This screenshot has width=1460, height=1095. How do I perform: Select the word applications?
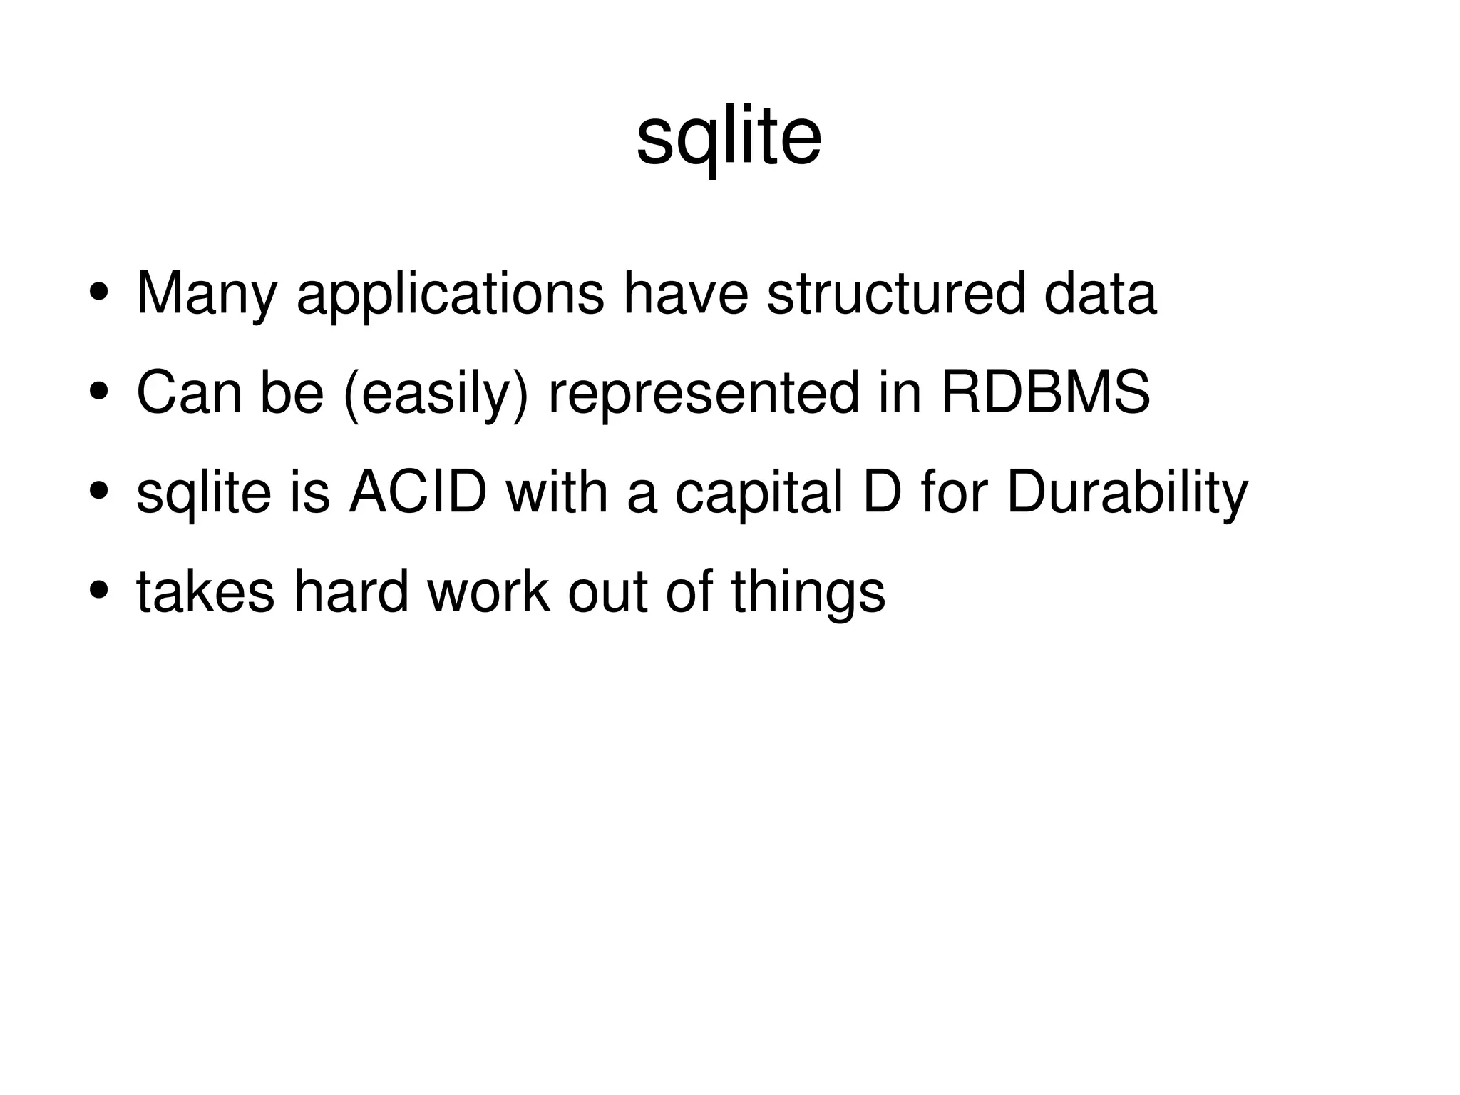(450, 294)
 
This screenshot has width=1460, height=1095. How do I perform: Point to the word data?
(1100, 294)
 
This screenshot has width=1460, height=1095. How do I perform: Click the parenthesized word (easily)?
(436, 393)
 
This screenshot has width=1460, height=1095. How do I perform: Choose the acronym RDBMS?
(1045, 393)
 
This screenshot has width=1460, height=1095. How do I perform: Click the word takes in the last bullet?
(205, 591)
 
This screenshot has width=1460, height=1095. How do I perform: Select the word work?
(488, 591)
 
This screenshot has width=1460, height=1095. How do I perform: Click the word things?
(808, 591)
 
